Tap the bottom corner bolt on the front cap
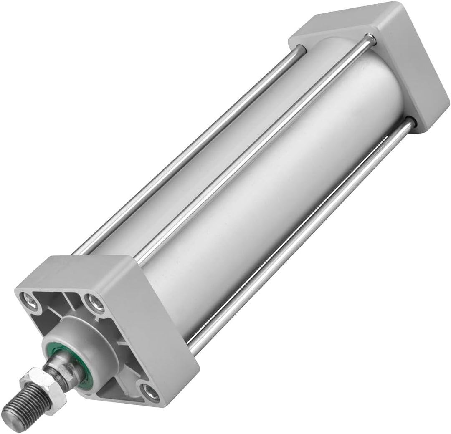(149, 391)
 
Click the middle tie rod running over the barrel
(251, 154)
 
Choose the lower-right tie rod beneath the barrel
(301, 234)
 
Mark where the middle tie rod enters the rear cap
(368, 40)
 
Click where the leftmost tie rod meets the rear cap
(302, 50)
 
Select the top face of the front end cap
(75, 271)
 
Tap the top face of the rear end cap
(342, 21)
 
